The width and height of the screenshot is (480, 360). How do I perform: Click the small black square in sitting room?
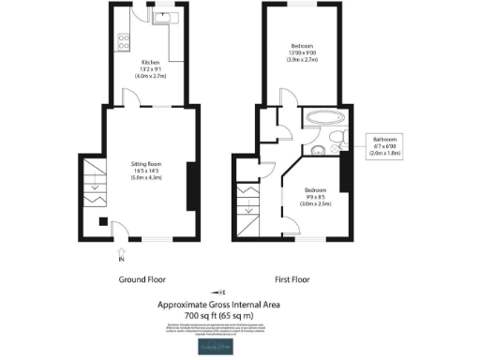point(102,222)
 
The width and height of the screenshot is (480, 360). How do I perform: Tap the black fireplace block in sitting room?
point(191,187)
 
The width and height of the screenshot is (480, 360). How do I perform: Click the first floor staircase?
point(247,206)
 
